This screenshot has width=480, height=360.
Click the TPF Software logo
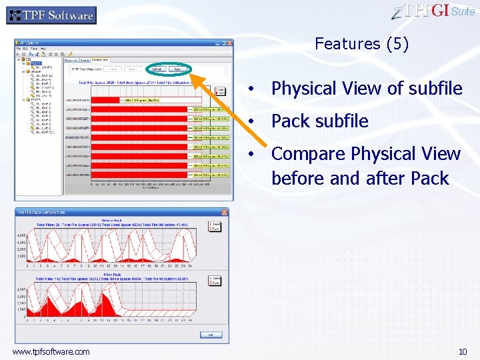51,15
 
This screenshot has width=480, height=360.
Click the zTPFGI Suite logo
433,11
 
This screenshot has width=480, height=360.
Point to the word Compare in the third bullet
308,154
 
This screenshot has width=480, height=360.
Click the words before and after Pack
360,179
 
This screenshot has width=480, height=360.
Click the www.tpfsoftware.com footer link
51,351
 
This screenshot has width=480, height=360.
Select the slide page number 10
463,351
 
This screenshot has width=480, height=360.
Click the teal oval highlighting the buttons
167,69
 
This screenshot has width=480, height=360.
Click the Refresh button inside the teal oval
157,69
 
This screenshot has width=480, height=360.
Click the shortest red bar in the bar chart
106,100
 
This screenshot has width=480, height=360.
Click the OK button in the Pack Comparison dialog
211,335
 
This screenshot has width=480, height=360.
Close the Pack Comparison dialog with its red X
225,212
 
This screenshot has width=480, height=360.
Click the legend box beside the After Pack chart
215,280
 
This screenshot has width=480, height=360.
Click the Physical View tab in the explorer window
101,60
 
